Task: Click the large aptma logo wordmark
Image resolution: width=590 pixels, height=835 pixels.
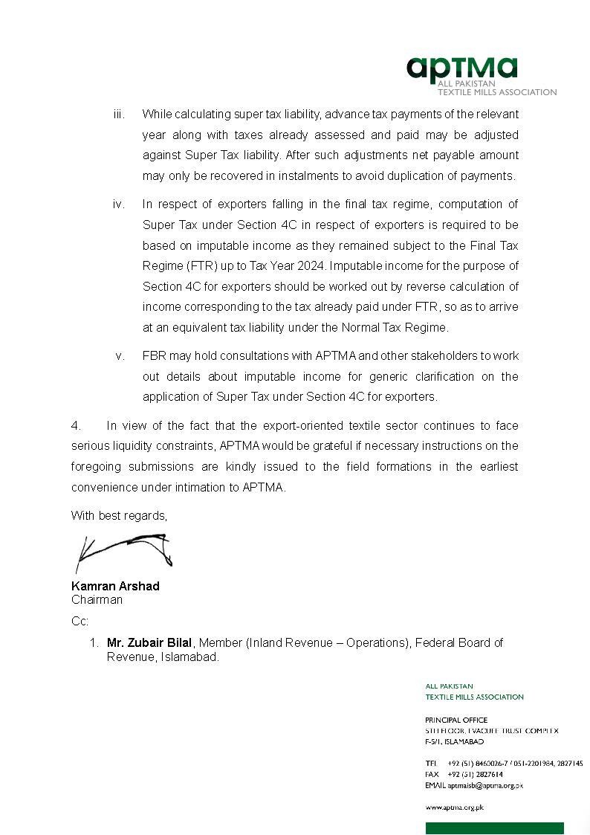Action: pos(461,68)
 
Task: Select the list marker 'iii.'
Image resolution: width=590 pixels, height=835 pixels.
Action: pos(119,115)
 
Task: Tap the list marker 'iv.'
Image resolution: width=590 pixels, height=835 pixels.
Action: pos(119,204)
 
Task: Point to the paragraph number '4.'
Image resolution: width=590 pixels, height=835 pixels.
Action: pos(76,426)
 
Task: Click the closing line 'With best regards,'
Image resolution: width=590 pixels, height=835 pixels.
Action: pos(119,516)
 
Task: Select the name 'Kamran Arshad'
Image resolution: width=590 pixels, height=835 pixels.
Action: pos(115,586)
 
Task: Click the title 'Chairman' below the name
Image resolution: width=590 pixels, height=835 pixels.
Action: pos(97,600)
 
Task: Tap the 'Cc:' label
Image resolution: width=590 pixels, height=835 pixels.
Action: pos(80,621)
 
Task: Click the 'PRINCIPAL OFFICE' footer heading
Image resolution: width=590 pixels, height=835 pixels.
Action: pos(456,720)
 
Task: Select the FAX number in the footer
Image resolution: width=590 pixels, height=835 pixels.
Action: pos(475,774)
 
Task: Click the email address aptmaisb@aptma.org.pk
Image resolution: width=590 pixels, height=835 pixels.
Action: pos(485,785)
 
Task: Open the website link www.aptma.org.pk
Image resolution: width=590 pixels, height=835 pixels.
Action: pos(454,807)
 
